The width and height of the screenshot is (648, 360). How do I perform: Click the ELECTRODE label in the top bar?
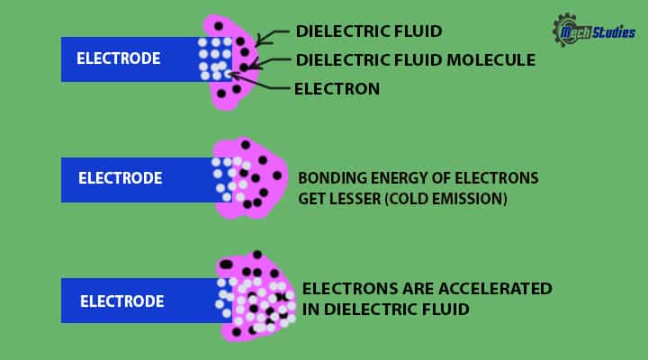119,59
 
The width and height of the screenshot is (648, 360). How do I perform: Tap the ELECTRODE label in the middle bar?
121,178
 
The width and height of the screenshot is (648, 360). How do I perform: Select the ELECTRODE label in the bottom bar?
121,301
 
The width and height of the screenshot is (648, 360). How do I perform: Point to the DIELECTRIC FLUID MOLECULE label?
415,60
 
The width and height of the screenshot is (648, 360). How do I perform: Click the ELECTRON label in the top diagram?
337,88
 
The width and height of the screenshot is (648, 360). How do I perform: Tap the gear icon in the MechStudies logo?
565,29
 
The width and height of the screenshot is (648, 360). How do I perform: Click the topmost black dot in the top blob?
219,25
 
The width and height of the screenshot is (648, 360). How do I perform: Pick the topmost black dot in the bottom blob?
257,255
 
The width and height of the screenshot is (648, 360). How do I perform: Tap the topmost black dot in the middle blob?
244,145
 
